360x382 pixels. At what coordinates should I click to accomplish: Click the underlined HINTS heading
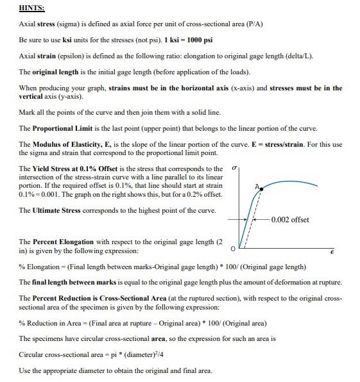coord(31,8)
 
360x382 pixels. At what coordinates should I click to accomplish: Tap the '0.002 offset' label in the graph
coord(290,220)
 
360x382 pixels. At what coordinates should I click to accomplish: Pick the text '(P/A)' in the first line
coord(253,24)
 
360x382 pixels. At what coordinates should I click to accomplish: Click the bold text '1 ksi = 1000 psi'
coord(195,40)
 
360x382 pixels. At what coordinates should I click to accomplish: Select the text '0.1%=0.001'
coord(40,194)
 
